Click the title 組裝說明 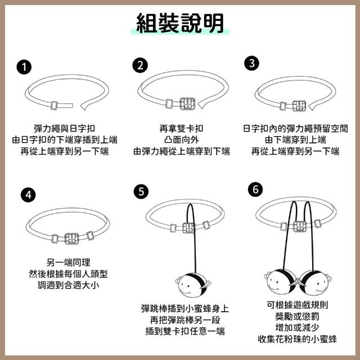point(180,23)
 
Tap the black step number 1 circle point(24,67)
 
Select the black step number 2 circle point(140,65)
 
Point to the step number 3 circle point(251,63)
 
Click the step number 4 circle point(28,195)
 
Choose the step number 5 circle point(141,191)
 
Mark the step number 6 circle point(255,190)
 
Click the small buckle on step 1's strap point(55,106)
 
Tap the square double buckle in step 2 point(187,103)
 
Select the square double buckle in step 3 point(299,106)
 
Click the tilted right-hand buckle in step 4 point(90,236)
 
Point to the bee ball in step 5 point(192,284)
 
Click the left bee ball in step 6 point(281,282)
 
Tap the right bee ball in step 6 point(315,282)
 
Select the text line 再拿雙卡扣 point(181,129)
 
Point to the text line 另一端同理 point(68,262)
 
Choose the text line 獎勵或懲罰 point(297,316)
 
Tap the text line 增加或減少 point(297,327)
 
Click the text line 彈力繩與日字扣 point(64,129)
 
